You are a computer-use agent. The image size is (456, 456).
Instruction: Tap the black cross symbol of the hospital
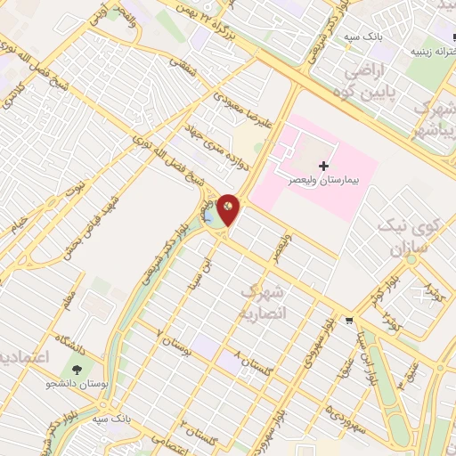pyautogui.click(x=322, y=165)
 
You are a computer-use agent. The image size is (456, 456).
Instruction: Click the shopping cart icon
pyautogui.click(x=351, y=322)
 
